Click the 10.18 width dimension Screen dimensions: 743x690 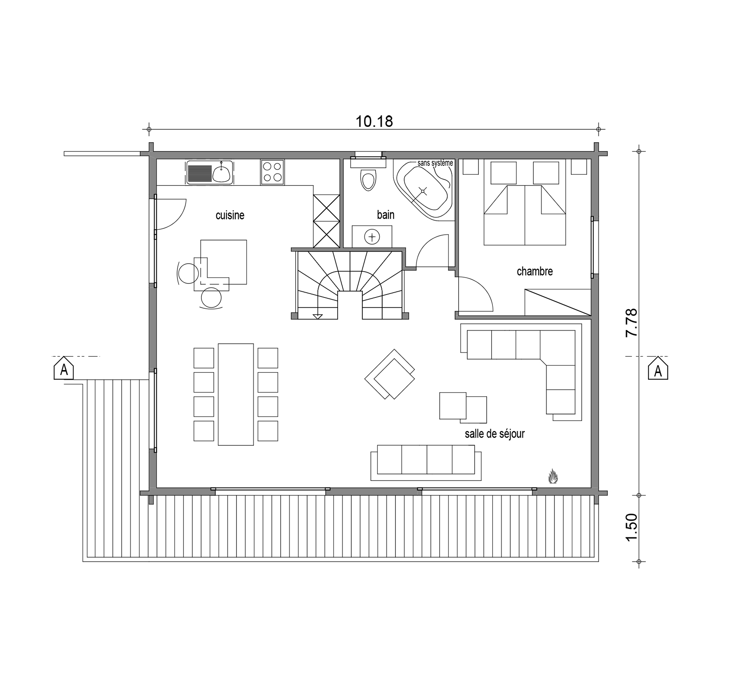[374, 121]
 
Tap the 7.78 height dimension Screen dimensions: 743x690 [632, 323]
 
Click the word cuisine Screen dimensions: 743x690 [230, 215]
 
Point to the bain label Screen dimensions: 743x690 [386, 215]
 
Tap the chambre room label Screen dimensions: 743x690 [535, 271]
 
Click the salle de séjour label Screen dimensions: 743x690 [495, 434]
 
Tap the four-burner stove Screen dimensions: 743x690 [272, 172]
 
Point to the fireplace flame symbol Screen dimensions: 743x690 [553, 476]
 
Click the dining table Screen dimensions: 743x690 [236, 394]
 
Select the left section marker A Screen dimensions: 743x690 [64, 369]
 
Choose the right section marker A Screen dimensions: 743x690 [658, 369]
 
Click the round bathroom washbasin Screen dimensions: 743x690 [372, 237]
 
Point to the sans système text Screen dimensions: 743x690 [435, 163]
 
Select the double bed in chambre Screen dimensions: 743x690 [524, 215]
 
